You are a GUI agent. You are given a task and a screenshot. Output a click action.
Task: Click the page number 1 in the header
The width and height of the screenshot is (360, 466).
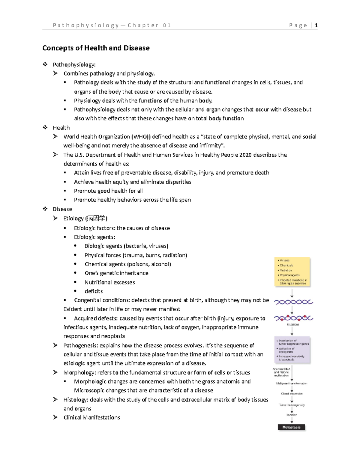tap(316, 26)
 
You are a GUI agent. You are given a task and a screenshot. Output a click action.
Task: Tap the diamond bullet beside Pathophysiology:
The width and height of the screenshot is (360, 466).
tap(45, 64)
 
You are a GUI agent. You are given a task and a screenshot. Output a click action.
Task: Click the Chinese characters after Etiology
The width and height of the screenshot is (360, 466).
tap(96, 218)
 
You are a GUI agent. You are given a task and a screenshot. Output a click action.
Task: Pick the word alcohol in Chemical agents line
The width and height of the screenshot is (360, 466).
tap(160, 264)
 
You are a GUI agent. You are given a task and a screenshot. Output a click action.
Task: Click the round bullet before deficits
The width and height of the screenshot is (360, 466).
tap(75, 291)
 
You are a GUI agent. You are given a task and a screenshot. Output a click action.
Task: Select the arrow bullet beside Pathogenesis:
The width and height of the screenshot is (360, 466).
tap(55, 345)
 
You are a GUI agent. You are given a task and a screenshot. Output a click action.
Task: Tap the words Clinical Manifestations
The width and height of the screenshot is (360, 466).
tap(91, 418)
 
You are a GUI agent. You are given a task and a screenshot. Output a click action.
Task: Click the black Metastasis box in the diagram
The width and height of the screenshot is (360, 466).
tap(291, 427)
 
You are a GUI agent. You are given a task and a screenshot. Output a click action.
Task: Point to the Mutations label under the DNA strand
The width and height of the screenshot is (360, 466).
tap(293, 325)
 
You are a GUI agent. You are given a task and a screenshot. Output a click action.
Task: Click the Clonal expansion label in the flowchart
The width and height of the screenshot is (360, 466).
tap(292, 394)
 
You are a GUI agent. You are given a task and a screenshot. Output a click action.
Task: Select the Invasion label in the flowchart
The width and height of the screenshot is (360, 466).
tap(292, 415)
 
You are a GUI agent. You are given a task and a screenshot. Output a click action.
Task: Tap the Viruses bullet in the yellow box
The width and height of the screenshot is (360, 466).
tap(284, 260)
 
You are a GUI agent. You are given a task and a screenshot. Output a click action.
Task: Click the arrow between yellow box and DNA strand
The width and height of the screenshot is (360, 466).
tap(292, 293)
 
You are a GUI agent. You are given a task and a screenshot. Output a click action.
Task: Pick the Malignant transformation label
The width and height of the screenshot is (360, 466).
tap(292, 383)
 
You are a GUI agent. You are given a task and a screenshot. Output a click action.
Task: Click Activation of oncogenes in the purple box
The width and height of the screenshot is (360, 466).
tap(286, 350)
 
